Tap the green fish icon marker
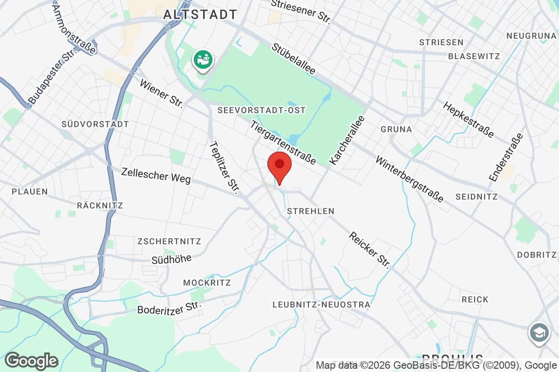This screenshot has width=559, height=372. point(203,60)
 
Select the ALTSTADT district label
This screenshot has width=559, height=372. point(200,14)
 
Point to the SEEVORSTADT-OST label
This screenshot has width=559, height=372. point(261,110)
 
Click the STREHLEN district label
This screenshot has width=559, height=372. point(311,211)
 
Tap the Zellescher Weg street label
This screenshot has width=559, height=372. point(156,175)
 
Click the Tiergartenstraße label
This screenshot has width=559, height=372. point(283,142)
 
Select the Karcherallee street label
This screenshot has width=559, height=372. point(347,140)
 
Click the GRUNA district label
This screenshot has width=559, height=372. point(396,129)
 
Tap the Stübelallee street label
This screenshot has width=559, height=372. point(293,59)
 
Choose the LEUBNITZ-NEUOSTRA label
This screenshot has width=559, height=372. point(321,305)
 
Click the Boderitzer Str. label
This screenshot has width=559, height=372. point(170,308)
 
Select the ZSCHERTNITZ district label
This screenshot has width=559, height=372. point(169,241)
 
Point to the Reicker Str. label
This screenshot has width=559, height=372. point(369,250)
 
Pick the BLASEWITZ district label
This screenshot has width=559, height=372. point(474,56)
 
